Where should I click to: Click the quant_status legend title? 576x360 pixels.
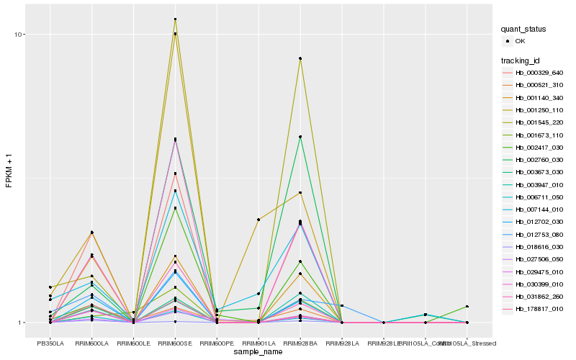click(x=523, y=29)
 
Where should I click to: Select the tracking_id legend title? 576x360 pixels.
click(x=521, y=60)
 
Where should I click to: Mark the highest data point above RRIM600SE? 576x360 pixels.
click(x=175, y=19)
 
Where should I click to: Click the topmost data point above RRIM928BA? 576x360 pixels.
click(x=300, y=58)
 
